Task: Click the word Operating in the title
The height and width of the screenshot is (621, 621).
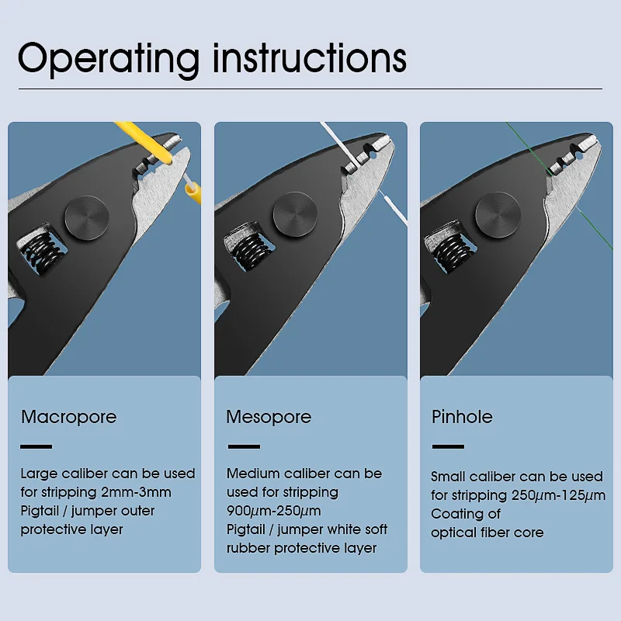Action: pyautogui.click(x=109, y=59)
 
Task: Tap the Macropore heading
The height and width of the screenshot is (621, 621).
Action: pyautogui.click(x=68, y=417)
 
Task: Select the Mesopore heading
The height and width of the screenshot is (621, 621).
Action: pyautogui.click(x=269, y=417)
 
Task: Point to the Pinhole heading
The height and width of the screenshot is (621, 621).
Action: pyautogui.click(x=462, y=417)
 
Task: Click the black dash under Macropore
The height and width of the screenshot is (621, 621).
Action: pyautogui.click(x=36, y=446)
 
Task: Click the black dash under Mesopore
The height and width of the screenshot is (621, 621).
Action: pyautogui.click(x=243, y=446)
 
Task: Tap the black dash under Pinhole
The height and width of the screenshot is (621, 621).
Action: pyautogui.click(x=448, y=446)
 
